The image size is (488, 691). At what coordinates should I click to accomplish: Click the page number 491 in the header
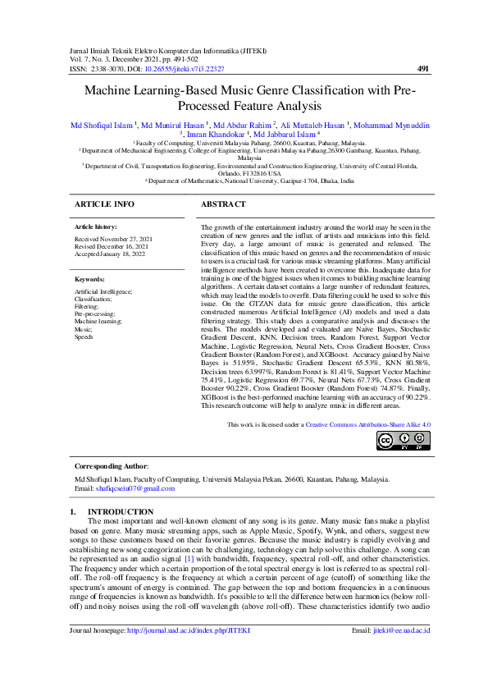(423, 69)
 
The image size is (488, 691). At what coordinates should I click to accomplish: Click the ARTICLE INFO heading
(104, 203)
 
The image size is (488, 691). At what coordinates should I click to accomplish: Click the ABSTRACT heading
(223, 203)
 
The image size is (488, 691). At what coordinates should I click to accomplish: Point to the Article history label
(95, 226)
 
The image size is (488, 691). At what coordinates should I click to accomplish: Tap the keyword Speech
(84, 336)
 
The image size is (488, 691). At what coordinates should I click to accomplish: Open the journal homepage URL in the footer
(187, 653)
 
